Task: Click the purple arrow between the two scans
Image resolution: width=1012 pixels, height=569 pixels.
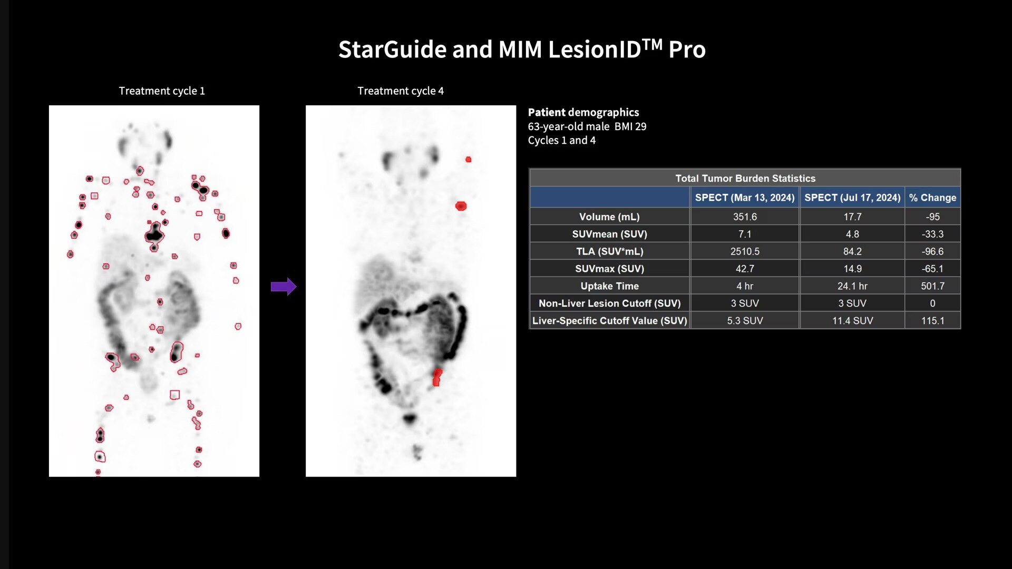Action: pos(284,287)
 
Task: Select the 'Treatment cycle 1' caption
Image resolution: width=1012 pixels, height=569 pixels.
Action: pos(162,91)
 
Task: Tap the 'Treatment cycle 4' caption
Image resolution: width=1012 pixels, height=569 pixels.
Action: pos(401,91)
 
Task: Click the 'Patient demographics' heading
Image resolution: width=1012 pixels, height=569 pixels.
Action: pos(583,112)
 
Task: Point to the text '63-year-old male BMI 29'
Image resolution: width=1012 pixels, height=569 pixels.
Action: pos(587,126)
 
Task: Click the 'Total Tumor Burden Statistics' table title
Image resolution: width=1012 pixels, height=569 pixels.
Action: pos(745,178)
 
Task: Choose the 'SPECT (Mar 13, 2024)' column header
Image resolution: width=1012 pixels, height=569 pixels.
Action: pos(745,198)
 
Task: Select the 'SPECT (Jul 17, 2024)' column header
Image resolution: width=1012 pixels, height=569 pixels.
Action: pos(852,198)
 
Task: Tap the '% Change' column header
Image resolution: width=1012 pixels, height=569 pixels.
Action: pos(932,198)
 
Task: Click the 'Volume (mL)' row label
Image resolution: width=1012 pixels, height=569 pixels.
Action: pos(609,217)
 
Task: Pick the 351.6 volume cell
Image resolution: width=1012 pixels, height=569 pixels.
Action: pos(745,217)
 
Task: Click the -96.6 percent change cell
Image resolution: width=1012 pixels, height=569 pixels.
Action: pos(932,251)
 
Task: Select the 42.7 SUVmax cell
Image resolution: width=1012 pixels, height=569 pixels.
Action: pos(745,269)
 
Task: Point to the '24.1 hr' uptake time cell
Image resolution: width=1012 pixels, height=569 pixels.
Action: pos(852,286)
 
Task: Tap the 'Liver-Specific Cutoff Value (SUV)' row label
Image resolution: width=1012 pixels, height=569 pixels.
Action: pos(610,320)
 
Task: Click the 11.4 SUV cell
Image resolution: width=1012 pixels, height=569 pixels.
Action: pos(852,320)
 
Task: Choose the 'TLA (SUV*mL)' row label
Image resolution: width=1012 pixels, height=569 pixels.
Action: pos(610,251)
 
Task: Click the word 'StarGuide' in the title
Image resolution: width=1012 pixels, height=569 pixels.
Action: pos(393,50)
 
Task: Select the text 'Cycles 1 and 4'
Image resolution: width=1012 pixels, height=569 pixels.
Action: pos(562,140)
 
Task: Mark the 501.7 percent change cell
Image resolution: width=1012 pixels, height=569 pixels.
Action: pos(932,286)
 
